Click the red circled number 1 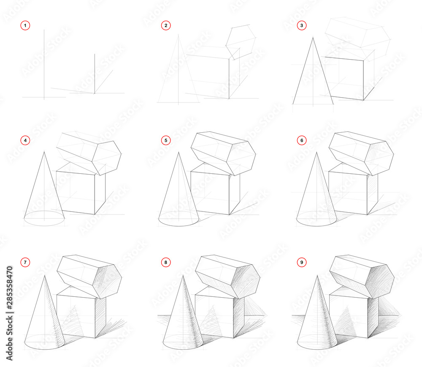[x=25, y=26]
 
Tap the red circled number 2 [x=166, y=26]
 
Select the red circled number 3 [x=301, y=26]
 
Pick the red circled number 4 [x=25, y=140]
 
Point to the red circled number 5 [x=166, y=140]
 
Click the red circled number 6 [x=301, y=140]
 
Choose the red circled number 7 [x=25, y=263]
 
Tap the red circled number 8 [x=166, y=263]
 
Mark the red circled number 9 [x=301, y=263]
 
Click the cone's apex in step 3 [x=313, y=38]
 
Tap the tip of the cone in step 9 [x=317, y=275]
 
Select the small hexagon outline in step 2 [x=241, y=42]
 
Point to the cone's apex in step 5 [x=179, y=153]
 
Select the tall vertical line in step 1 [x=44, y=63]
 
